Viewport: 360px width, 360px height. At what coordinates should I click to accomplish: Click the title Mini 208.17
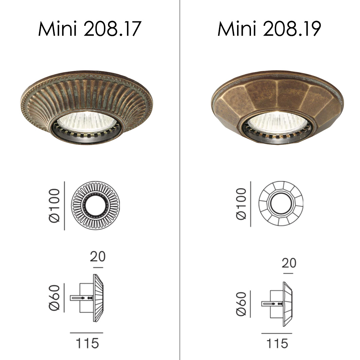(90, 29)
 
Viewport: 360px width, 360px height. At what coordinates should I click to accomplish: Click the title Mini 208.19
(269, 29)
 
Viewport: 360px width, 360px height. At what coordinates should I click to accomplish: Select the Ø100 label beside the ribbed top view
(54, 205)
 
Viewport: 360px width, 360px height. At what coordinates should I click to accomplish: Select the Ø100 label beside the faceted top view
(241, 204)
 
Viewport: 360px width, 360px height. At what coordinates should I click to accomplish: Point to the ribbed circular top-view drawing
(95, 205)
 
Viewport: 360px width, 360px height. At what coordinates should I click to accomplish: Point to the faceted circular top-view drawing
(281, 203)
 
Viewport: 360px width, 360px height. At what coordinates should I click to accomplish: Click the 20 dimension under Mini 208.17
(98, 256)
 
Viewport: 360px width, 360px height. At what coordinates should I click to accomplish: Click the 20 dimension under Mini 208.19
(289, 263)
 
